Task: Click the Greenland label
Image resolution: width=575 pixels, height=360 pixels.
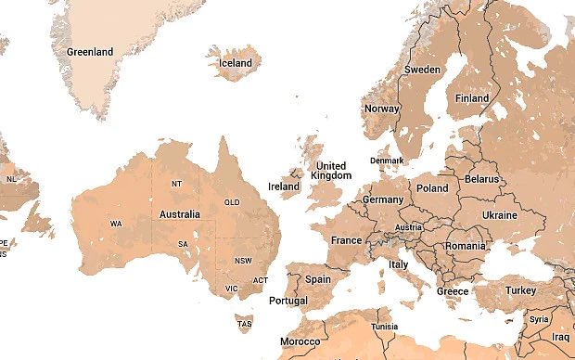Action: (x=90, y=52)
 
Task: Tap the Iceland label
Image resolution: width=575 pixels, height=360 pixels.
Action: (x=235, y=63)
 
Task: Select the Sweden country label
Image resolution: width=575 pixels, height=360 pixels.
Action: (x=422, y=70)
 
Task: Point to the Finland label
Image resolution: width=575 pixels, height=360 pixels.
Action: (x=472, y=98)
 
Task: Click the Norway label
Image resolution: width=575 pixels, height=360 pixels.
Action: (x=382, y=109)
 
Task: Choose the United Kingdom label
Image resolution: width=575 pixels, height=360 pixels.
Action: (x=331, y=171)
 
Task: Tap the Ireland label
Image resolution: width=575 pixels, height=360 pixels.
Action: (x=284, y=186)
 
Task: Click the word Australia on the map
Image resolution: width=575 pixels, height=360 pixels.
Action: (x=180, y=214)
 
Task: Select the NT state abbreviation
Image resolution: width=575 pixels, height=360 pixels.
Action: (x=177, y=184)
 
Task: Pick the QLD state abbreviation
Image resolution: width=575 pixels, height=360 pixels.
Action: (x=232, y=202)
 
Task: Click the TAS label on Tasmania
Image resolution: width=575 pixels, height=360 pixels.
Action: (x=244, y=324)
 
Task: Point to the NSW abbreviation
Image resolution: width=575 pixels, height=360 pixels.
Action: (x=243, y=261)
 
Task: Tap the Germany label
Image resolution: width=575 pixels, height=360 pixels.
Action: (x=383, y=199)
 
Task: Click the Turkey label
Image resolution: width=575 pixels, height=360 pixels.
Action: (x=520, y=290)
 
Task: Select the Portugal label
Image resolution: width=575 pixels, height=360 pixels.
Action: (x=287, y=301)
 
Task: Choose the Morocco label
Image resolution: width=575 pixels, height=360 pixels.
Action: (x=300, y=341)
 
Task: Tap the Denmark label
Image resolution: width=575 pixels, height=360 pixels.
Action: (x=387, y=161)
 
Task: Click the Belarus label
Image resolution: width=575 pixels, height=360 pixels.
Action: (x=481, y=178)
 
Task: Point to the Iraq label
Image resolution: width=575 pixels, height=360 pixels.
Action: (x=560, y=337)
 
